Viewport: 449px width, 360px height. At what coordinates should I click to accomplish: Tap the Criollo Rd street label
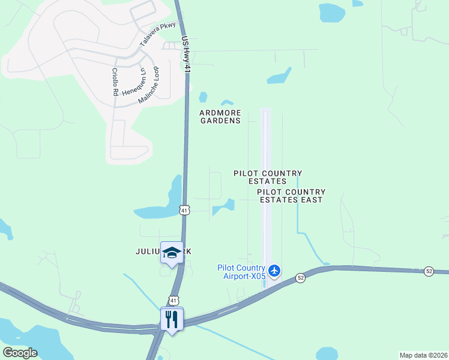coord(114,82)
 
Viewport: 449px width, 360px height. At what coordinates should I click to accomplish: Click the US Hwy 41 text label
coord(186,55)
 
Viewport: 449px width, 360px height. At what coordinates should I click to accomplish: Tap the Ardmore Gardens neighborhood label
coord(220,116)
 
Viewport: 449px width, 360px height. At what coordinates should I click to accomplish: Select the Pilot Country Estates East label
coord(291,196)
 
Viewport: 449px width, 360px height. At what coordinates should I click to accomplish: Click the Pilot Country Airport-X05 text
coord(241,271)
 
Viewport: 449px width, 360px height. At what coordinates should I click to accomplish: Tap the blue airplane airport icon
coord(275,271)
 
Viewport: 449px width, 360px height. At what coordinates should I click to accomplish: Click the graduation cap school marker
coord(172,253)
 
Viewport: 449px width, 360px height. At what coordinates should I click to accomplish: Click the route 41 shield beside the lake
coord(184,210)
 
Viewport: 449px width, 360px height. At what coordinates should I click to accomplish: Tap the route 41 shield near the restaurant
coord(173,300)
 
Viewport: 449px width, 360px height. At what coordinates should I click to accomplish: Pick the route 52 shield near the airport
coord(301,278)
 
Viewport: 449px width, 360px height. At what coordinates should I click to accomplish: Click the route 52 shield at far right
coord(429,271)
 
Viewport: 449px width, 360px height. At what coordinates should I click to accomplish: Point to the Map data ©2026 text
coord(423,355)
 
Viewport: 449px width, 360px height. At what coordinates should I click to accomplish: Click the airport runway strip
coord(266,192)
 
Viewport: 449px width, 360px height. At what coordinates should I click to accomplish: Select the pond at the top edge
coord(332,11)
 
